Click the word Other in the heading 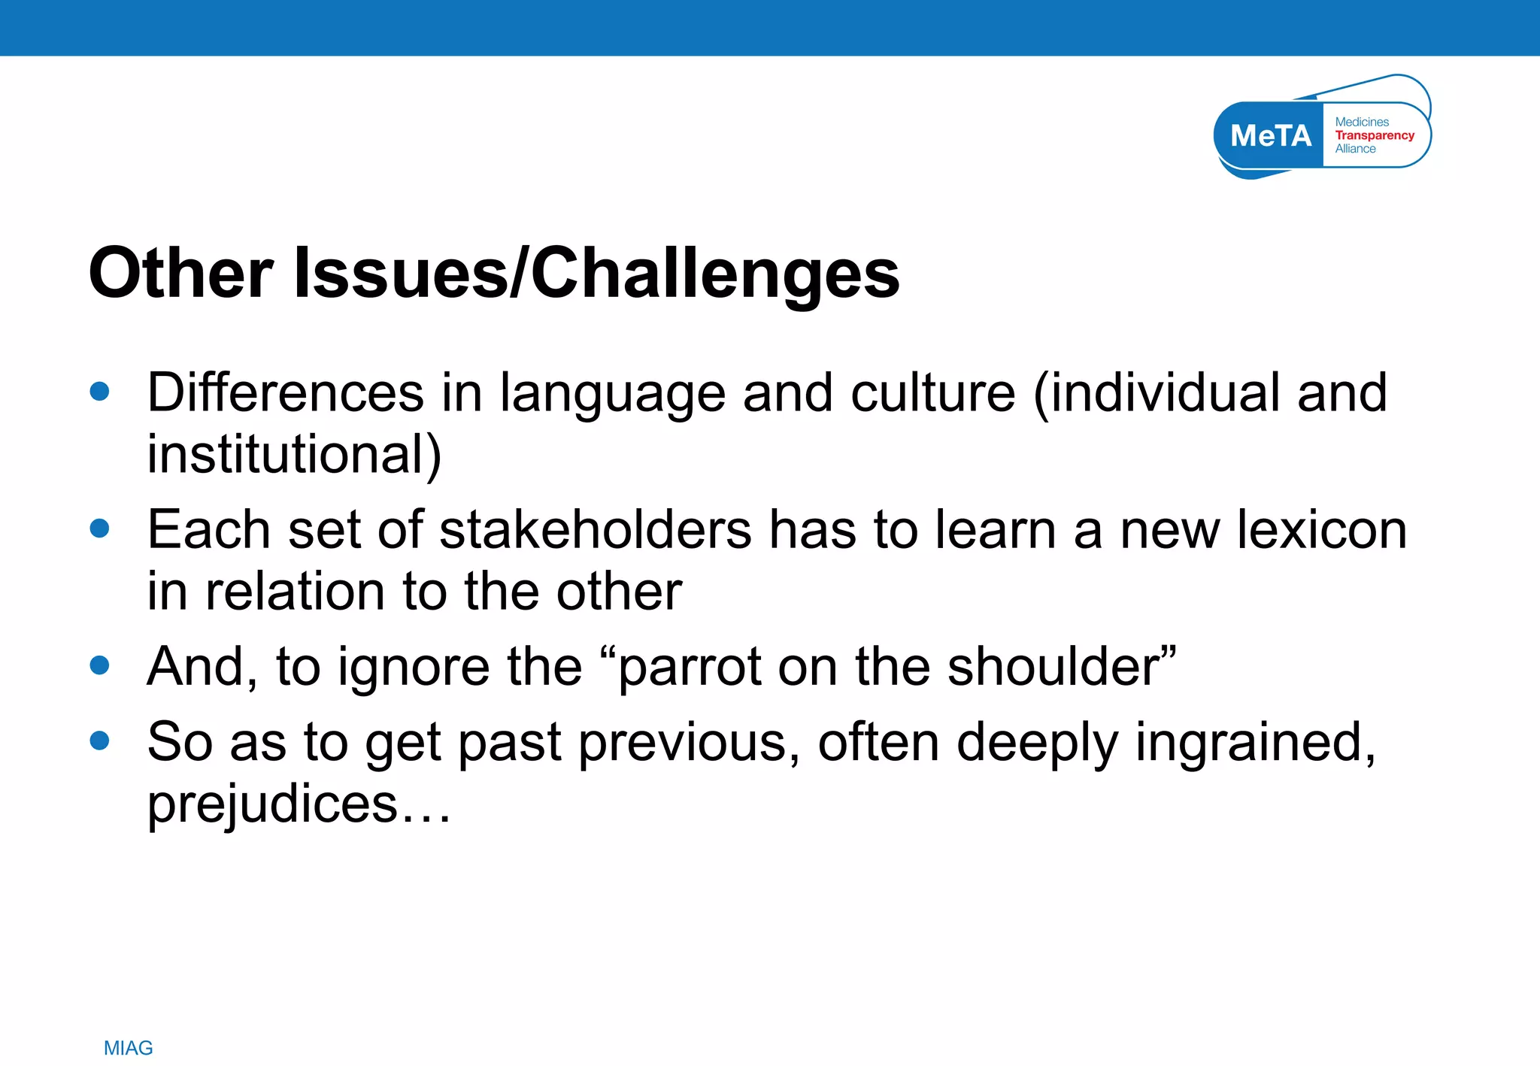[x=180, y=274]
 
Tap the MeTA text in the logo [x=1271, y=136]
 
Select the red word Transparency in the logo [x=1375, y=135]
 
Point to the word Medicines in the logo [x=1362, y=122]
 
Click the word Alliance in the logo [x=1355, y=149]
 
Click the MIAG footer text [x=128, y=1048]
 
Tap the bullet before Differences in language [x=99, y=391]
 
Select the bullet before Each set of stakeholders [x=99, y=528]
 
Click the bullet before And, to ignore [x=99, y=665]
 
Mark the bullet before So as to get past [x=99, y=741]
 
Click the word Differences [x=286, y=392]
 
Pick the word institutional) [x=294, y=456]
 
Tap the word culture [x=932, y=392]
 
